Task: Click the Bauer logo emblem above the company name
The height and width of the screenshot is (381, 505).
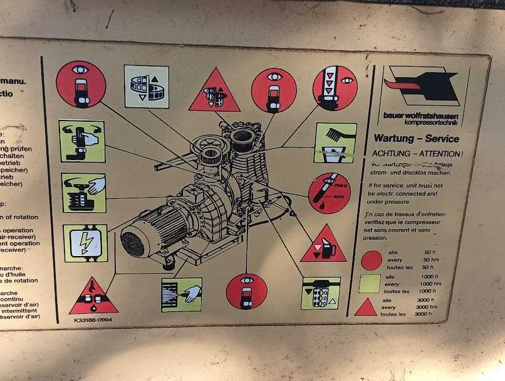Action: (422, 88)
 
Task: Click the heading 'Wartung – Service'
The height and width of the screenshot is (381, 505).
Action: (417, 139)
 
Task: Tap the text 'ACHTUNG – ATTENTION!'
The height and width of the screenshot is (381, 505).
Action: (417, 153)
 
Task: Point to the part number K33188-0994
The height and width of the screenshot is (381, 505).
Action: (93, 320)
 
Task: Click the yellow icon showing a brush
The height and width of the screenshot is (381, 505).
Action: (335, 142)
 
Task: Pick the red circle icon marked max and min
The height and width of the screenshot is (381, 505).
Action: (329, 193)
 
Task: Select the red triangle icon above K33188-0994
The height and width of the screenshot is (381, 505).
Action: (93, 298)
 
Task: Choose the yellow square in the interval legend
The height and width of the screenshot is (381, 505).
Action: (370, 284)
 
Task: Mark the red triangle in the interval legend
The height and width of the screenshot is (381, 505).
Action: (366, 308)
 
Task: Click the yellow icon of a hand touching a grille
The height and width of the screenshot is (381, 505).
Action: (182, 294)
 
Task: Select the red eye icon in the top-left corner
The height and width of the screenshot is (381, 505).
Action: (81, 84)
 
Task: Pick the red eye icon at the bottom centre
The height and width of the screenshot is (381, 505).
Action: (246, 292)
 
